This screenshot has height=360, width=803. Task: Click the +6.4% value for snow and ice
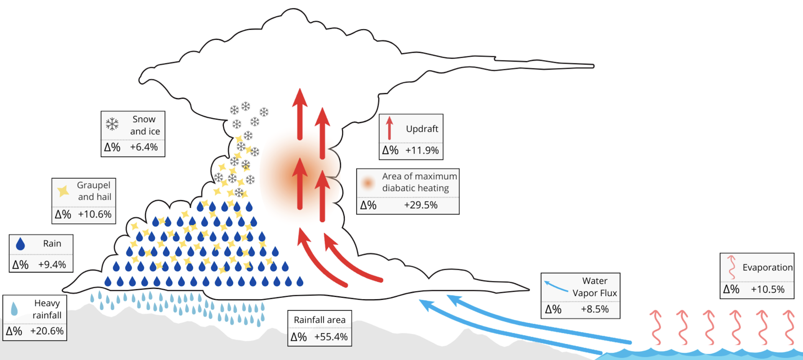144,147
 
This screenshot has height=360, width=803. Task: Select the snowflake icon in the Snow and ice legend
112,124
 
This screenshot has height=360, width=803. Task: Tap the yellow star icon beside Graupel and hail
63,191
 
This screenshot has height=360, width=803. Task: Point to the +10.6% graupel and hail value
95,214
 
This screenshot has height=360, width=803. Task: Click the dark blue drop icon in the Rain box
20,244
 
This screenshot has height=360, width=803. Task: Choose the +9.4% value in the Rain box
52,265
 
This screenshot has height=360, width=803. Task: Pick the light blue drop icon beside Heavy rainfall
14,309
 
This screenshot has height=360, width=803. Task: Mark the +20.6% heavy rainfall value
47,331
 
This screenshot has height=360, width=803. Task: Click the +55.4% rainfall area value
331,337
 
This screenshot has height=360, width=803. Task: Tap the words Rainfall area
320,320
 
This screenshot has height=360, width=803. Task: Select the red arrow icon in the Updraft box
389,128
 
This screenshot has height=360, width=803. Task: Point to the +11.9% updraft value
422,151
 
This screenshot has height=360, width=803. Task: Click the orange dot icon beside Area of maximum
368,183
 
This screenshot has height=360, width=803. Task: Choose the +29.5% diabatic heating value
421,205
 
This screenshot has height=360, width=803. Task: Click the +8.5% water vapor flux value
595,309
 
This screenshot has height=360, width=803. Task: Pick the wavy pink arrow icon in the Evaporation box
731,267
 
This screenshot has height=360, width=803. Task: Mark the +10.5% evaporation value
768,289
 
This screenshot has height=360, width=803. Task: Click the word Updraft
422,129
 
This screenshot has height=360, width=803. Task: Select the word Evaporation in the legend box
767,268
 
